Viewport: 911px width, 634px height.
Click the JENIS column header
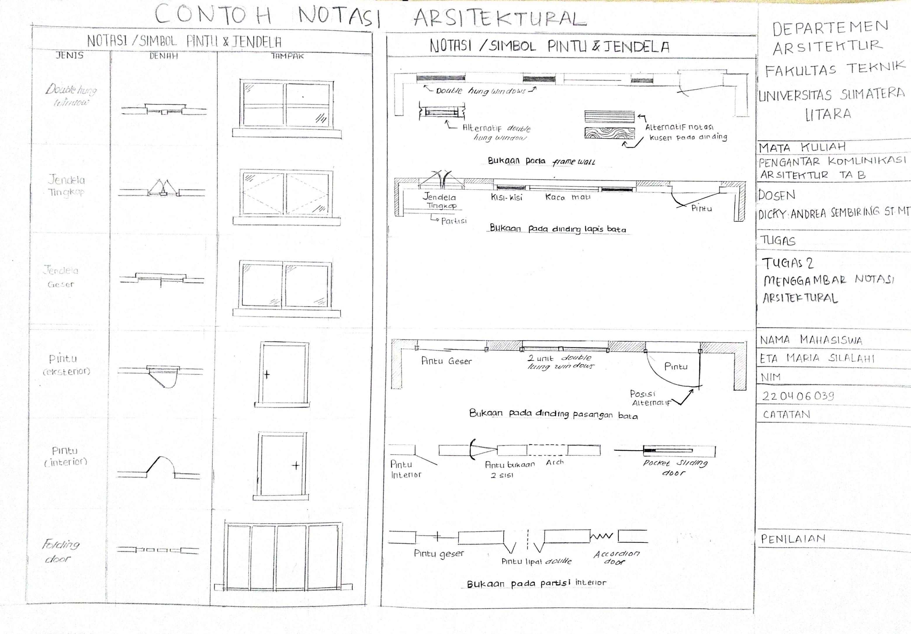pyautogui.click(x=70, y=55)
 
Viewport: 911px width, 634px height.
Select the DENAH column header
pyautogui.click(x=164, y=56)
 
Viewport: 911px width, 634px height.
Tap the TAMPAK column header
pyautogui.click(x=287, y=56)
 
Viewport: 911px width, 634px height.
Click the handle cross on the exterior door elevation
pyautogui.click(x=267, y=374)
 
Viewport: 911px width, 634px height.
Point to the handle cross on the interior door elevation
pyautogui.click(x=296, y=465)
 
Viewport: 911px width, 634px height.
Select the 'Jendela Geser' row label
pyautogui.click(x=61, y=277)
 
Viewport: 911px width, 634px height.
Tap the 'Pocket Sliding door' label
pyautogui.click(x=675, y=467)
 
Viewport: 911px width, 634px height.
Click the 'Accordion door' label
pyautogui.click(x=616, y=557)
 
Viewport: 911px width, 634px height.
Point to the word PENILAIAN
pyautogui.click(x=793, y=538)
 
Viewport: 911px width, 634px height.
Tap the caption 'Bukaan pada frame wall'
pyautogui.click(x=541, y=161)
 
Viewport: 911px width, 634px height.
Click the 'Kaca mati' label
pyautogui.click(x=567, y=197)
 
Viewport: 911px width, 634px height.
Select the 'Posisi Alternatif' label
pyautogui.click(x=650, y=398)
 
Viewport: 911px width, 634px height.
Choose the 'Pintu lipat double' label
pyautogui.click(x=536, y=561)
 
